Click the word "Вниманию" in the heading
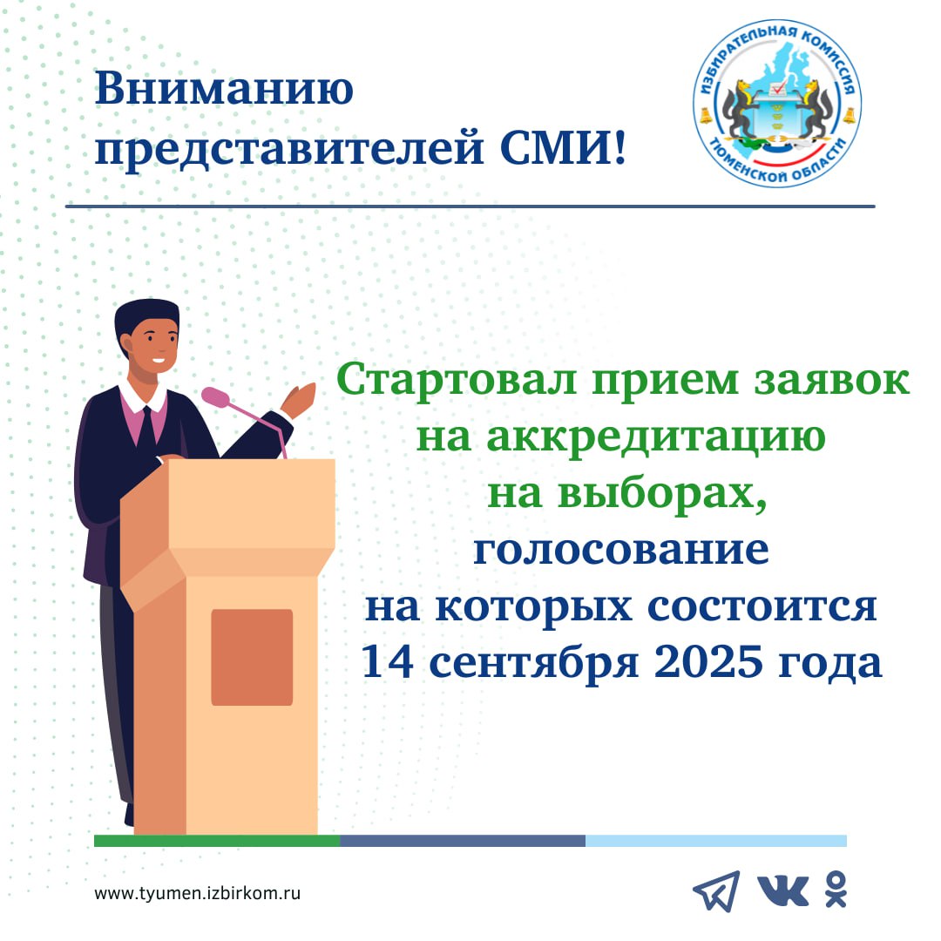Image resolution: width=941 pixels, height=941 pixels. (x=225, y=88)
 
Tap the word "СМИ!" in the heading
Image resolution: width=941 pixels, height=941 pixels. (x=563, y=147)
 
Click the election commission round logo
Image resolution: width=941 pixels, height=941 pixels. (x=777, y=103)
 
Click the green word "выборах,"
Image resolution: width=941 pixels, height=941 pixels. (x=662, y=494)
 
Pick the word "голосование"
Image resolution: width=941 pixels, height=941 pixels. (x=621, y=550)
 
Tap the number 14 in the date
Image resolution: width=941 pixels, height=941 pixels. (x=388, y=661)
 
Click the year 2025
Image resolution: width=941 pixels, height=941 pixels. (x=708, y=661)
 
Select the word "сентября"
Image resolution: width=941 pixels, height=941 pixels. (x=533, y=664)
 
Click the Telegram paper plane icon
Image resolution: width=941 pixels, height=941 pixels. (x=716, y=891)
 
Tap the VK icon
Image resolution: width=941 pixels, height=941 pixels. (x=783, y=891)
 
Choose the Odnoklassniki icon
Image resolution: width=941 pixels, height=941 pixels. (x=836, y=890)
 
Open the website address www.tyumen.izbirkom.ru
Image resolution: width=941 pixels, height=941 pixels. (x=198, y=893)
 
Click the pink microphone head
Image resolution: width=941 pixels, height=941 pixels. (x=215, y=396)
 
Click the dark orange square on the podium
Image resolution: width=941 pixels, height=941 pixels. (x=252, y=657)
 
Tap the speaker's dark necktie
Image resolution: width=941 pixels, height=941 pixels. (x=146, y=429)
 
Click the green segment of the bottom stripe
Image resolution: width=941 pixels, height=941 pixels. (x=217, y=841)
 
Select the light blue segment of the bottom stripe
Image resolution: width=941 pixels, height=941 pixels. (x=716, y=841)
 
